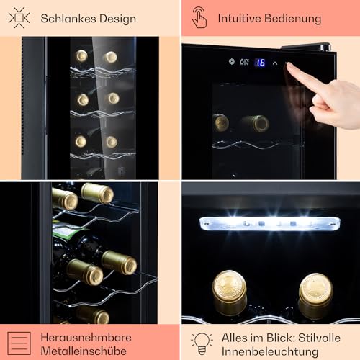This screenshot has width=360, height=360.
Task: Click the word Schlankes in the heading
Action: coord(68,18)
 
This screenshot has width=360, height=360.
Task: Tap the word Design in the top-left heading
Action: coord(117,19)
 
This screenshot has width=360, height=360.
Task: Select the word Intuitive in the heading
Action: coord(239,18)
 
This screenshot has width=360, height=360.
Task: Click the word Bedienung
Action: coord(293,19)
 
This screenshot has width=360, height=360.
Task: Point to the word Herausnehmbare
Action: coord(86,337)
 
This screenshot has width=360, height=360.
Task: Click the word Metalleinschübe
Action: coord(84,351)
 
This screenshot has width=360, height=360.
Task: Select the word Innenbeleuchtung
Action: coord(270,352)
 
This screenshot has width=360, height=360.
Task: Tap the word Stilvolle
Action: coord(319,338)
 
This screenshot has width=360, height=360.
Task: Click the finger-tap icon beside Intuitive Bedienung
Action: coord(199,17)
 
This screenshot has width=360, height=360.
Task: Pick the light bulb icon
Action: coord(202,343)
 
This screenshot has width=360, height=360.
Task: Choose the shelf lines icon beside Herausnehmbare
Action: coord(19,343)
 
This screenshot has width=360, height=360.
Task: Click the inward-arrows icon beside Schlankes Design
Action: coord(19,18)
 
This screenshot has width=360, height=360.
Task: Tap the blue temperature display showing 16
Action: coord(261,63)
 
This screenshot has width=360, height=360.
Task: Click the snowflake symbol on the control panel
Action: coord(231,62)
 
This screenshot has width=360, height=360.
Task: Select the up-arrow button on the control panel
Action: coord(275,63)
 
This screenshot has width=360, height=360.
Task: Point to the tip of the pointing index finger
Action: coord(288,64)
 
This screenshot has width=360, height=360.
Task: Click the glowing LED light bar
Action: coord(270,223)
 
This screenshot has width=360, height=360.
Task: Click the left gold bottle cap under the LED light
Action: coord(230,285)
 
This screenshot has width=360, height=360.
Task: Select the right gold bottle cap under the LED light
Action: coord(315,288)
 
